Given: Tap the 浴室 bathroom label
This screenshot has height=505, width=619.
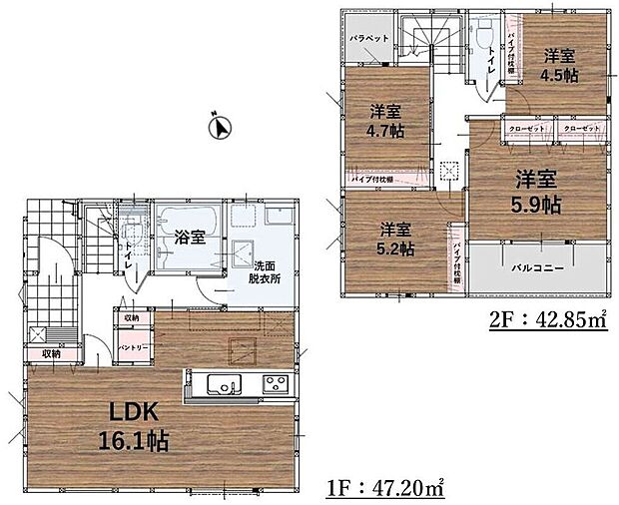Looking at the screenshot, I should coord(190,238).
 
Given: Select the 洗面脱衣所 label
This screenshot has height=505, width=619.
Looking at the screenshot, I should coord(265,272).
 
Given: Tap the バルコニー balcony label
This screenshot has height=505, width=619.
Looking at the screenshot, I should coord(538,268).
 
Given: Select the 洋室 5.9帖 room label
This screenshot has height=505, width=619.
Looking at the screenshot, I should coord(537,193).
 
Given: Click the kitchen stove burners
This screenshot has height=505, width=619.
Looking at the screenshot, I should coord(274,384).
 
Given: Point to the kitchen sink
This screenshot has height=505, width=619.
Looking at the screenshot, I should coord(221,384).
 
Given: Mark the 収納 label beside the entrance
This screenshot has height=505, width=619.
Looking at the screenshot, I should coord(51,353).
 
